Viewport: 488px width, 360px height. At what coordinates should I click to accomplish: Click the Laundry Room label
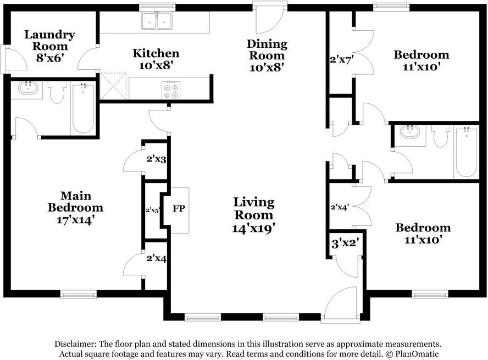coord(50,40)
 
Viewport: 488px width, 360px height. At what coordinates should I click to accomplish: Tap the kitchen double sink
coord(157,20)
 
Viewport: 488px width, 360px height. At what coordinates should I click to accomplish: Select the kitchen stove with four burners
coord(171,90)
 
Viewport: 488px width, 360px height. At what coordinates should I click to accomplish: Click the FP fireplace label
coord(179,208)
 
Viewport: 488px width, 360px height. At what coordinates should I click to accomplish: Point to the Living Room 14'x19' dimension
coord(254,229)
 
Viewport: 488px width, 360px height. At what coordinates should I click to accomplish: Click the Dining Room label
coord(267,50)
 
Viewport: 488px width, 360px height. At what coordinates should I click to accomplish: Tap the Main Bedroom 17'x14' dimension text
coord(75,220)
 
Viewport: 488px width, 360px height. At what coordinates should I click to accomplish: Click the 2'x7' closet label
coord(341,59)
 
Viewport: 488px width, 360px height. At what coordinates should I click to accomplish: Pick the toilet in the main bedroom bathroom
coord(57,92)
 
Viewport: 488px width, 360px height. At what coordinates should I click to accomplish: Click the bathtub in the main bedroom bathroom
coord(83,108)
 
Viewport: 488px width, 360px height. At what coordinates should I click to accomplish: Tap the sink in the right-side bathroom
coord(410,131)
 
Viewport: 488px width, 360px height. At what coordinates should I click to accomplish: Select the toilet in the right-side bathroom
coord(440,136)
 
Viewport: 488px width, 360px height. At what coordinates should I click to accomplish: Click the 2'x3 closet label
coord(156,159)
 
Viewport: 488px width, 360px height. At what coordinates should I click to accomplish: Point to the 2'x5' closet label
coord(153,210)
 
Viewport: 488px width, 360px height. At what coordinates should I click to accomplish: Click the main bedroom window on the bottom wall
coord(79,294)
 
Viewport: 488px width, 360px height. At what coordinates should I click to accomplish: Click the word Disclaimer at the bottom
coord(75,344)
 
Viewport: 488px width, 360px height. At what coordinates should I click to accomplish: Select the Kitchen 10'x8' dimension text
coord(156,65)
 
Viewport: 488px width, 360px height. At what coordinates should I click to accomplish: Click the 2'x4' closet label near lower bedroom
coord(340,207)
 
